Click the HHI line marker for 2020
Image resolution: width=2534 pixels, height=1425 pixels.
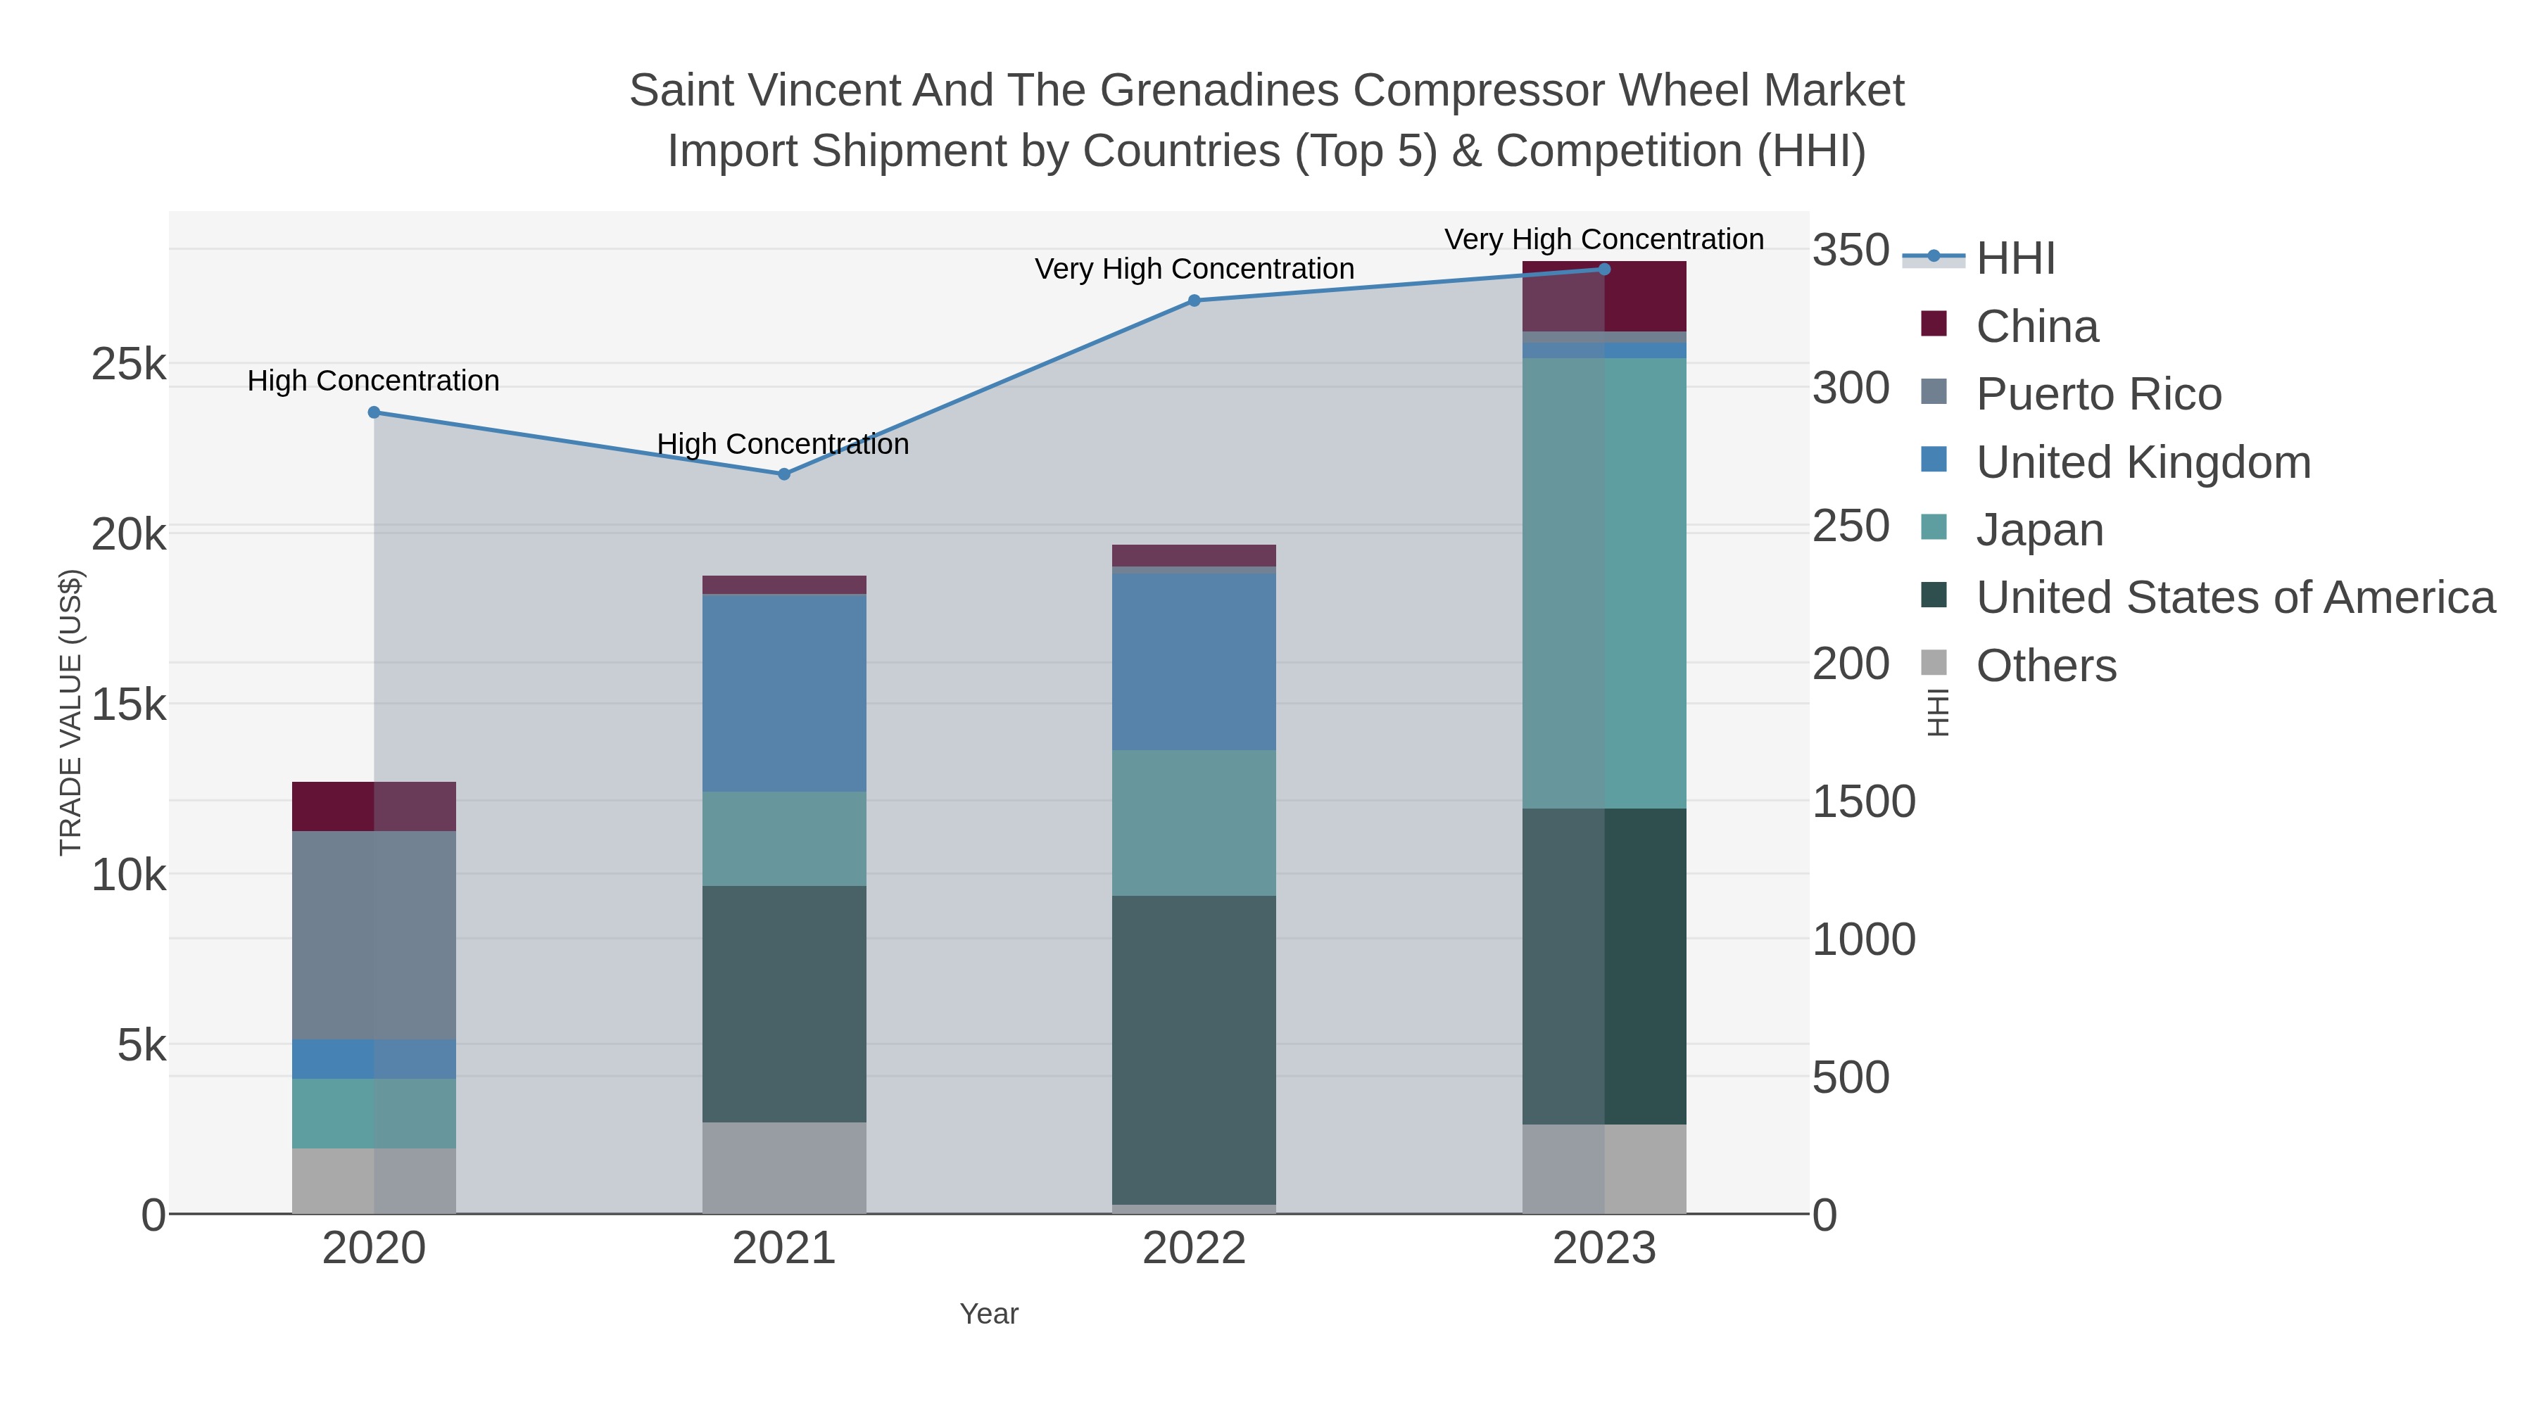pyautogui.click(x=374, y=413)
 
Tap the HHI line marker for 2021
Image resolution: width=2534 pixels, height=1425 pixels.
pyautogui.click(x=784, y=474)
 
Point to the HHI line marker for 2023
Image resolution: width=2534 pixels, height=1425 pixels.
pyautogui.click(x=1604, y=270)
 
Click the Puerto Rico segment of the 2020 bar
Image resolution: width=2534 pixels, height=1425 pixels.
pyautogui.click(x=374, y=935)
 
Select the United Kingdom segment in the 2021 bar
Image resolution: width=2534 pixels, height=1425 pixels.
pyautogui.click(x=784, y=692)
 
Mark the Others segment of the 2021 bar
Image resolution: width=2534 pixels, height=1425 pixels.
pyautogui.click(x=784, y=1167)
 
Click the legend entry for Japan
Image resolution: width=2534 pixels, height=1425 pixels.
pyautogui.click(x=2039, y=530)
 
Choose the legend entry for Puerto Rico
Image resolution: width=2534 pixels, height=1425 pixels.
pyautogui.click(x=2098, y=394)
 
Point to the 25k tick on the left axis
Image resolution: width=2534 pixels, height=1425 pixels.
pyautogui.click(x=129, y=365)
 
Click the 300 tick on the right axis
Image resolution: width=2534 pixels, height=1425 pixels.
pyautogui.click(x=1851, y=388)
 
